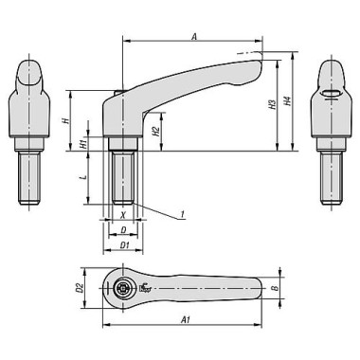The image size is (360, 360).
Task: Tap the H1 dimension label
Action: pos(83,143)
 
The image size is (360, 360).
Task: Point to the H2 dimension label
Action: pos(155,131)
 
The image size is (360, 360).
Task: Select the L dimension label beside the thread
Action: pos(83,177)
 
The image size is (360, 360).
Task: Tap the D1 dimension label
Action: pos(124,247)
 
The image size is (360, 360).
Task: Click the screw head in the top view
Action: pos(122,289)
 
